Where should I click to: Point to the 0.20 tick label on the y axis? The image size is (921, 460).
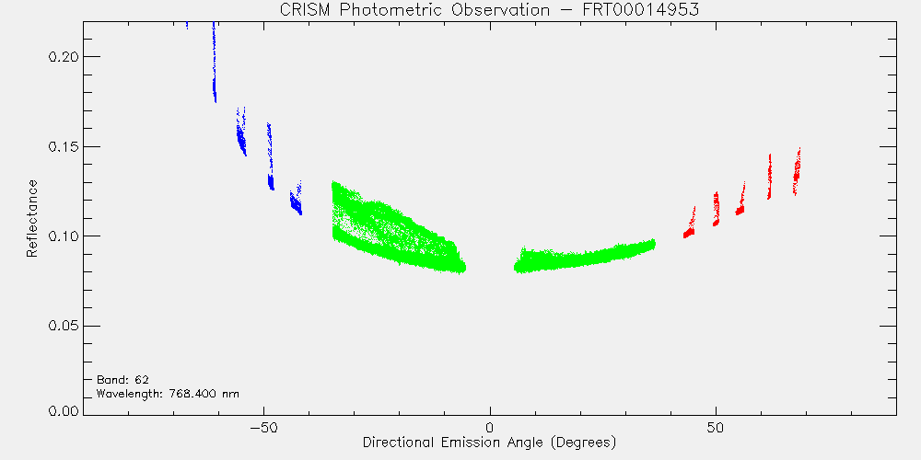coord(64,57)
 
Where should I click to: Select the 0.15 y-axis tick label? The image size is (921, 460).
coord(64,146)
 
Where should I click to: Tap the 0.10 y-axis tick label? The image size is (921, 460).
coord(64,236)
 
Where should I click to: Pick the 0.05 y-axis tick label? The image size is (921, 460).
coord(64,327)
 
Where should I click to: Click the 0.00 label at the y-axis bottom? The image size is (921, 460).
coord(64,410)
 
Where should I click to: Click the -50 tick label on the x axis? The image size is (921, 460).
coord(263,427)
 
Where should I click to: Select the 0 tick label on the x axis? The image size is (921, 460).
coord(490,427)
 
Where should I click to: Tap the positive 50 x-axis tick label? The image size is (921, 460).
coord(716,427)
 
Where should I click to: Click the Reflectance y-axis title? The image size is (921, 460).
coord(32,218)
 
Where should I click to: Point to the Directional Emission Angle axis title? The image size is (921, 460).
coord(489,442)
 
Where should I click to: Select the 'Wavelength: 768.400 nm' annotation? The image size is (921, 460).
coord(168,394)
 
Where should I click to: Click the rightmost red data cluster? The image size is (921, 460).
coord(797,172)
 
